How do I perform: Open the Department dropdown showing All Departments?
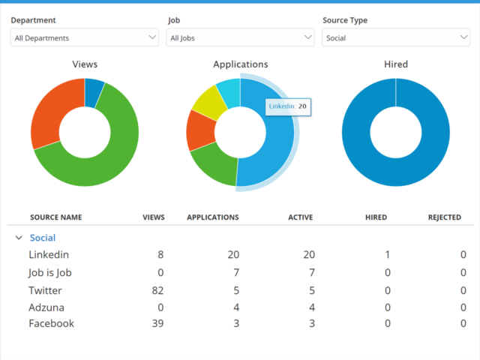84,37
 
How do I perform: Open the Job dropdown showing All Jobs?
240,37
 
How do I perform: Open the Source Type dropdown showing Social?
396,37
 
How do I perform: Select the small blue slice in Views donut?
94,91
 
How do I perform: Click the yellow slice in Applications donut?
205,102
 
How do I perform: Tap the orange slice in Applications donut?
199,129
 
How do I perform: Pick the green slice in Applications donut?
214,164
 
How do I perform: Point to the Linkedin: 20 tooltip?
288,106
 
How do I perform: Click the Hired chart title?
396,64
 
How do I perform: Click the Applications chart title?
240,64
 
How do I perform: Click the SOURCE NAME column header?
56,217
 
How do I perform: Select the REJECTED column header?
444,217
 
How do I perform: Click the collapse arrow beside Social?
18,238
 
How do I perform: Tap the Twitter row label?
45,290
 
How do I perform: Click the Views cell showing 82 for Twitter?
156,290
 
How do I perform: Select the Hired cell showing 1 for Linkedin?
387,255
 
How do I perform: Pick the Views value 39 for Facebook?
156,323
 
